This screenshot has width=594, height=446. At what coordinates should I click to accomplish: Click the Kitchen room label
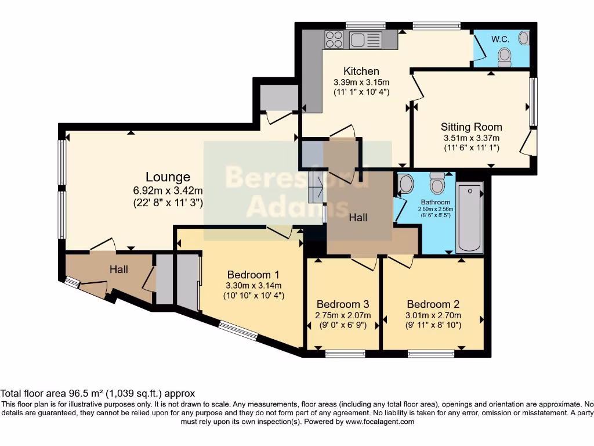point(361,71)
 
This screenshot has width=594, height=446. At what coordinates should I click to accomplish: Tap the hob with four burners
point(334,39)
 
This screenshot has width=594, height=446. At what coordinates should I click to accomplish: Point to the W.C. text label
point(500,39)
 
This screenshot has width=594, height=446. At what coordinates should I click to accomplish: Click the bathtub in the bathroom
point(469,218)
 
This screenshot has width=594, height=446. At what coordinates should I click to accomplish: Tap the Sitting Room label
point(471,127)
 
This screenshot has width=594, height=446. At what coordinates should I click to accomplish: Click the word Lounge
point(168,177)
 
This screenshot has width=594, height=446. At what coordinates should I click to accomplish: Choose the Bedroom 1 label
point(253,275)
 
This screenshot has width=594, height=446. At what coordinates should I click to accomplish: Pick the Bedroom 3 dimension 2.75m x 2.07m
point(342,315)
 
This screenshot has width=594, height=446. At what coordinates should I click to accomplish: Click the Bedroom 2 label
point(433,304)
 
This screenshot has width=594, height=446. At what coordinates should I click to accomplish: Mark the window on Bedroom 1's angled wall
point(238,330)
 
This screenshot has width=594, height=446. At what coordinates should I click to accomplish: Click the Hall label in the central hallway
point(358,218)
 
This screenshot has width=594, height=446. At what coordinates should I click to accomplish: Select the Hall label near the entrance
point(119,269)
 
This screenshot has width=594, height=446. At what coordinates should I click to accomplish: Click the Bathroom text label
point(436,202)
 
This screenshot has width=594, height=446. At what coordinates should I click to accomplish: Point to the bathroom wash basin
point(406,184)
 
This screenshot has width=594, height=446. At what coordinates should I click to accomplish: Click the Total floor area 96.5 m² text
point(97,393)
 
